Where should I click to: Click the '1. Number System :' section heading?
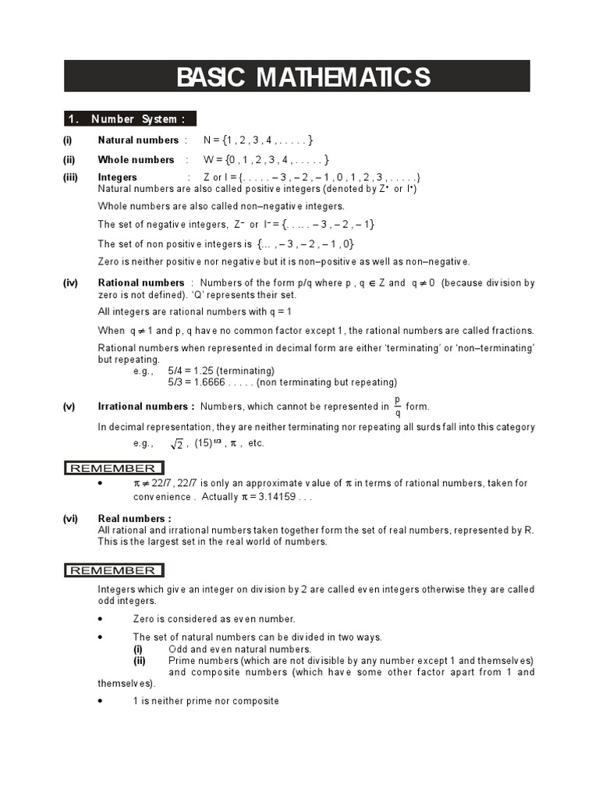point(129,119)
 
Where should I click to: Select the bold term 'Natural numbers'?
point(138,140)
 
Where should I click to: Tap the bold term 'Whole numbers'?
point(136,160)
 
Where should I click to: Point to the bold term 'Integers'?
point(117,177)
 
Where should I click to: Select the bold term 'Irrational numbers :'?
point(146,407)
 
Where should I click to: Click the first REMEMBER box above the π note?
point(113,468)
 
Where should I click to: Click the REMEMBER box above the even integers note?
point(113,570)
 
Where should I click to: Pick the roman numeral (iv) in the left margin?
point(70,282)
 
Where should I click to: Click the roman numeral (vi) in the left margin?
point(70,519)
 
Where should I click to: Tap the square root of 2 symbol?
point(176,444)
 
